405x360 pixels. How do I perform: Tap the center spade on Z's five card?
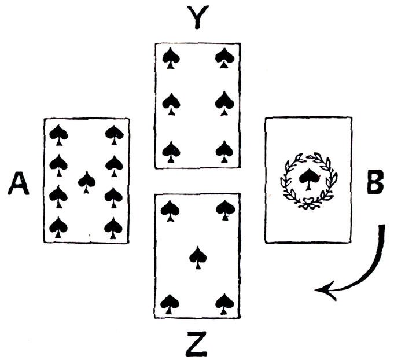[198, 256]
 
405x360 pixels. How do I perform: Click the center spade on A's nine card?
[87, 181]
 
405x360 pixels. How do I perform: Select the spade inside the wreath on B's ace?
[307, 178]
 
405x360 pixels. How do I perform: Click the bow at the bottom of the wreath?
[307, 204]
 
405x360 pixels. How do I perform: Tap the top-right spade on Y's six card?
[224, 57]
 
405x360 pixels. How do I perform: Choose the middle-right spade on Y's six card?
[224, 104]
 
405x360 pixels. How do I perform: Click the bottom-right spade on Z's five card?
[224, 303]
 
